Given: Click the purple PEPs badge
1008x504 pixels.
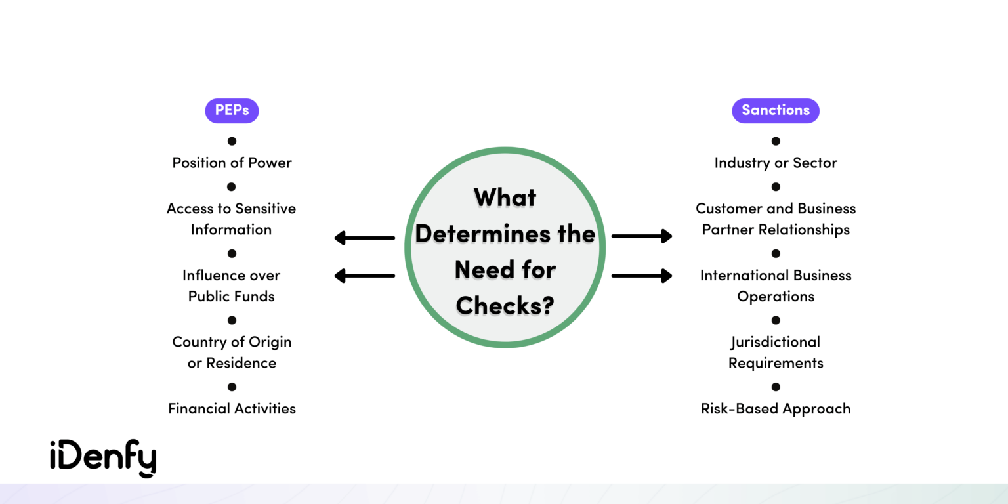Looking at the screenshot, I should (x=232, y=110).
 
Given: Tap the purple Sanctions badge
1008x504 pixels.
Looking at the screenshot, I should (x=775, y=110).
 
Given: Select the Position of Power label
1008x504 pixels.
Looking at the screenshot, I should (x=232, y=163).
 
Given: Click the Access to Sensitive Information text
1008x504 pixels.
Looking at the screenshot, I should (x=231, y=219).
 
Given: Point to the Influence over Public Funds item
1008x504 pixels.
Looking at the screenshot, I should (x=231, y=285).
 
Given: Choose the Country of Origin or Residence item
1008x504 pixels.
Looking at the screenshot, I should (x=232, y=352).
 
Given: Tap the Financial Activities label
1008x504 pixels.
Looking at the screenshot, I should (x=232, y=408).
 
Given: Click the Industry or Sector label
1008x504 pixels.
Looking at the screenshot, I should (x=776, y=163).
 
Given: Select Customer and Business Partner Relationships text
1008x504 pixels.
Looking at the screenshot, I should (x=776, y=219).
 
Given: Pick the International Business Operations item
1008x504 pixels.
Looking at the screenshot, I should (x=776, y=285).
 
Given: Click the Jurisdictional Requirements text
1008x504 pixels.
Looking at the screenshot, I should (x=776, y=352).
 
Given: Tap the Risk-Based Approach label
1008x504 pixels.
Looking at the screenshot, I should (x=776, y=408).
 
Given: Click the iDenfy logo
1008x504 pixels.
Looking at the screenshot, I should (x=103, y=458).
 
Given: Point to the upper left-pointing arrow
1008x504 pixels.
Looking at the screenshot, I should (x=365, y=238).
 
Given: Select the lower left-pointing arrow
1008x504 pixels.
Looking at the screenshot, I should (x=365, y=276).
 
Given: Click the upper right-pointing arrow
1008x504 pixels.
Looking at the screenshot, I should (x=642, y=236).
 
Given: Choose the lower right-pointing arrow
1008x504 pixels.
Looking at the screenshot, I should (x=642, y=276).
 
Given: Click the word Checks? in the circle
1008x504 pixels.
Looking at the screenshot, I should (x=505, y=305).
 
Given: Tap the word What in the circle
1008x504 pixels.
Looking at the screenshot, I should (x=505, y=198).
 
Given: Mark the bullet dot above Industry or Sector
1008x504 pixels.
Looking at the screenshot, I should (x=776, y=141).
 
